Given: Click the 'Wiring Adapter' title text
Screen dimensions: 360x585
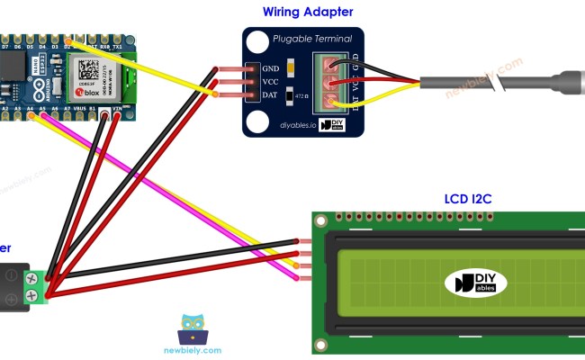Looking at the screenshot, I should [308, 12].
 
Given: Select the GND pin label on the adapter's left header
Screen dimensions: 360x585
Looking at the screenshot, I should [269, 67].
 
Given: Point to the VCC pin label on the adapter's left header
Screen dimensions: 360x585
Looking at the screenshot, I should [269, 81].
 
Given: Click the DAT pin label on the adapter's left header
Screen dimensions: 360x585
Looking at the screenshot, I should [269, 94].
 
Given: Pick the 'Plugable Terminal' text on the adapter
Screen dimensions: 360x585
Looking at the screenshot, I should [312, 40].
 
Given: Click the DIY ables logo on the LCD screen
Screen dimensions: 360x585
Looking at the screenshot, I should [475, 283].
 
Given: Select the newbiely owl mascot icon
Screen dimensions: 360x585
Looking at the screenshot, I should [193, 328].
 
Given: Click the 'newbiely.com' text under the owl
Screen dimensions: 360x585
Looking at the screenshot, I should [193, 350].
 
